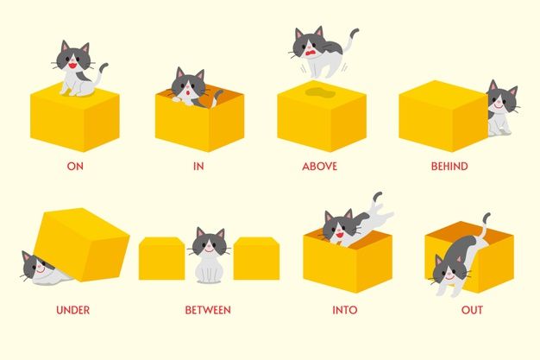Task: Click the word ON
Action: coord(75,167)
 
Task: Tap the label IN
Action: coord(198,167)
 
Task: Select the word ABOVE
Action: coord(319,167)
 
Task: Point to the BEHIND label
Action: coord(449,167)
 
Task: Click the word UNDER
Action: coord(72,310)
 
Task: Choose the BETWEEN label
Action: coord(208,310)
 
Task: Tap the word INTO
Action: coord(345,310)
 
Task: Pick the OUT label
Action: coord(472,310)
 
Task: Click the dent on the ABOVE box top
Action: coord(320,92)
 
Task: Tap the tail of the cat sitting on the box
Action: coord(102,73)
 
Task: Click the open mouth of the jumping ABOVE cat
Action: coord(311,54)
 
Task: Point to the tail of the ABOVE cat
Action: coord(351,39)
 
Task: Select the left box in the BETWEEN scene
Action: coord(161,258)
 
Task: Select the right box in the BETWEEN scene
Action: coord(256,258)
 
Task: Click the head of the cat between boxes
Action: coord(209,242)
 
